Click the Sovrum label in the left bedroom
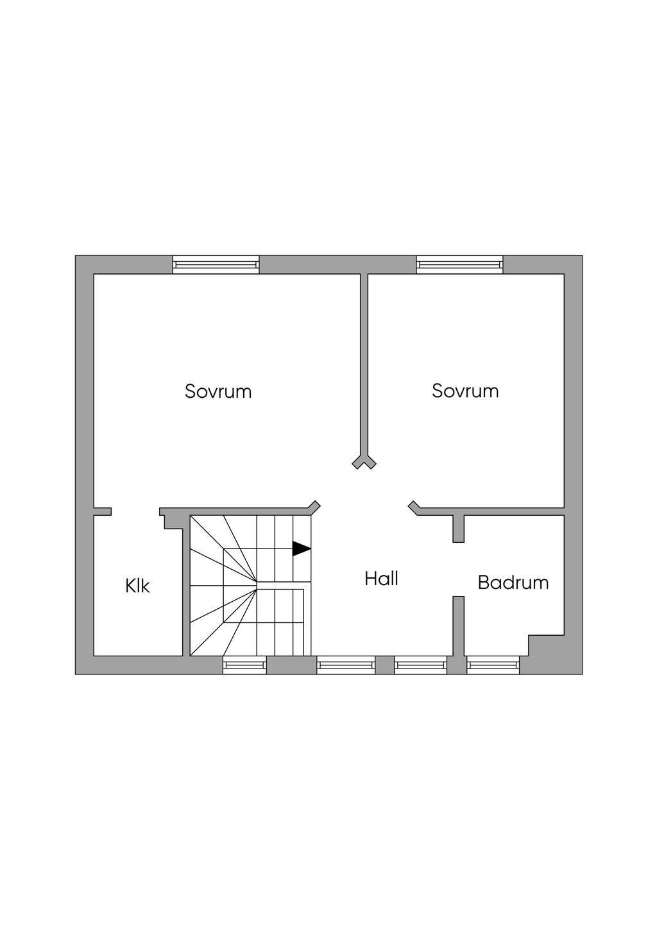pyautogui.click(x=218, y=391)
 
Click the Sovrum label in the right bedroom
pyautogui.click(x=465, y=391)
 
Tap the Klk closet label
pyautogui.click(x=138, y=586)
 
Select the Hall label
pyautogui.click(x=382, y=579)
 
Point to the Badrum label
pyautogui.click(x=513, y=583)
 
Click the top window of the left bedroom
pyautogui.click(x=216, y=264)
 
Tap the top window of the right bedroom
pyautogui.click(x=459, y=264)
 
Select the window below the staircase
pyautogui.click(x=244, y=665)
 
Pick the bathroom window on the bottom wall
pyautogui.click(x=493, y=665)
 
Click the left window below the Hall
pyautogui.click(x=346, y=665)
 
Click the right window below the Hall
pyautogui.click(x=420, y=665)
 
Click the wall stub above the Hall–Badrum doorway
pyautogui.click(x=458, y=528)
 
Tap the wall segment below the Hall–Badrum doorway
pyautogui.click(x=458, y=626)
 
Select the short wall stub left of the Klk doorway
pyautogui.click(x=103, y=511)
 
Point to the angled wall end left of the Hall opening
pyautogui.click(x=314, y=506)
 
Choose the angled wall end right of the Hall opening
pyautogui.click(x=414, y=506)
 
